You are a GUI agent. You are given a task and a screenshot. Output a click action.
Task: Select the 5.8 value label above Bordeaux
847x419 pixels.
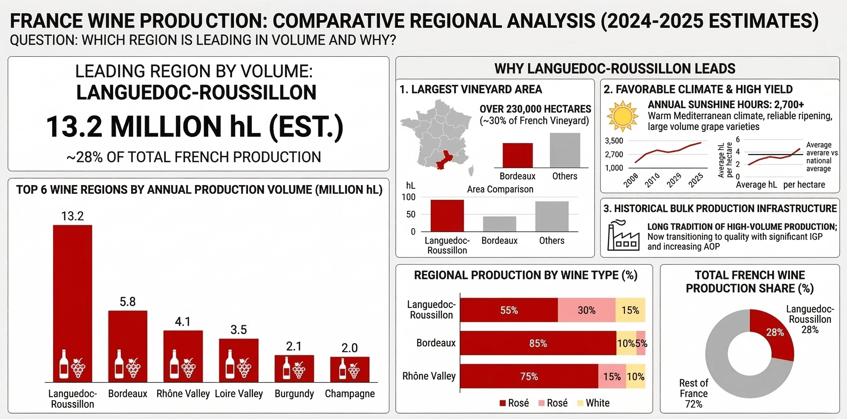[128, 302]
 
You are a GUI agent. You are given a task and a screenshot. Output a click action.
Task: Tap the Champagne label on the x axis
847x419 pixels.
[350, 393]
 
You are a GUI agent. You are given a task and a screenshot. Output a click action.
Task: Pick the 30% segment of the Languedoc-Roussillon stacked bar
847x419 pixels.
[586, 310]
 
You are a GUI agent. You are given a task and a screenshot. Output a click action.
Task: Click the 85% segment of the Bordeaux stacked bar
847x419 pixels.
[538, 343]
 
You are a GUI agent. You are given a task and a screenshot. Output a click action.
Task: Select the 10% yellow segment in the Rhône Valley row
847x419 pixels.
[635, 376]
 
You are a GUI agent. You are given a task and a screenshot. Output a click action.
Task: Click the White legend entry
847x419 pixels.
[594, 403]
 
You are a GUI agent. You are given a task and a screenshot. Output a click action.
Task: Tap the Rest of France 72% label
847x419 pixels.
[694, 393]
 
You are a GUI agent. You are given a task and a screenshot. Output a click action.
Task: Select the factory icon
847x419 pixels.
[623, 236]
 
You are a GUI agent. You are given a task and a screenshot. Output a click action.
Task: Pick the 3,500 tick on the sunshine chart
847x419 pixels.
[614, 141]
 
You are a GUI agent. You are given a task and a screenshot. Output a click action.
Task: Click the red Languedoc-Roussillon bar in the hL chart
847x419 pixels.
[447, 216]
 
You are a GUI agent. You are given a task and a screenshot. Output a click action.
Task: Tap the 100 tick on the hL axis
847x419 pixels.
[408, 197]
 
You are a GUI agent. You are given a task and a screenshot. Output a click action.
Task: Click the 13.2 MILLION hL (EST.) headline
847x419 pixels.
[195, 126]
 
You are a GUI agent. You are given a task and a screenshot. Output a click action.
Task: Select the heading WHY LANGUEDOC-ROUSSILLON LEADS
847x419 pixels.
[615, 69]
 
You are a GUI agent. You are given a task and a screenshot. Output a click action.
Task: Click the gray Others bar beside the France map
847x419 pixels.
[564, 150]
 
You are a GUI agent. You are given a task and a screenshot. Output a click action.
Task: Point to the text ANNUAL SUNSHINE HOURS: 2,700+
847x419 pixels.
[726, 104]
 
